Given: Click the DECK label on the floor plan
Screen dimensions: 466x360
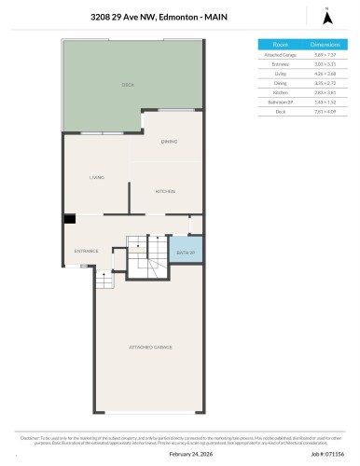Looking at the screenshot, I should point(128,85).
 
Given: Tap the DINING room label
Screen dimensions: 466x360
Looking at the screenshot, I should point(168,142).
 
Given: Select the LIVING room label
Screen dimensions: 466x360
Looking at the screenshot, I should point(96,177).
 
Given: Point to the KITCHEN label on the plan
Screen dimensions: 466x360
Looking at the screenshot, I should point(165,191).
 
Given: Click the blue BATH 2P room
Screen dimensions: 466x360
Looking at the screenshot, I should point(187,252).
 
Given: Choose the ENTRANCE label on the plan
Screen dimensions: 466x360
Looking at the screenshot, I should point(86,252).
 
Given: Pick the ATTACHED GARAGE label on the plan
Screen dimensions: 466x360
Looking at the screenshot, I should point(150,347).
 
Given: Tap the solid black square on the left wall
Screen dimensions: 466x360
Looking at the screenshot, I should point(69,220).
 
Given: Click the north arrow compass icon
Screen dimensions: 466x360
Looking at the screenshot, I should point(325,16).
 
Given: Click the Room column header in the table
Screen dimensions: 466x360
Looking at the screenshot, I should point(280,45).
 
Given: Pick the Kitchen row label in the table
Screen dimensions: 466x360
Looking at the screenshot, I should point(280,92).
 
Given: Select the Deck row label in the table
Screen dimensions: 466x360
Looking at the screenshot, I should point(280,111).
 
